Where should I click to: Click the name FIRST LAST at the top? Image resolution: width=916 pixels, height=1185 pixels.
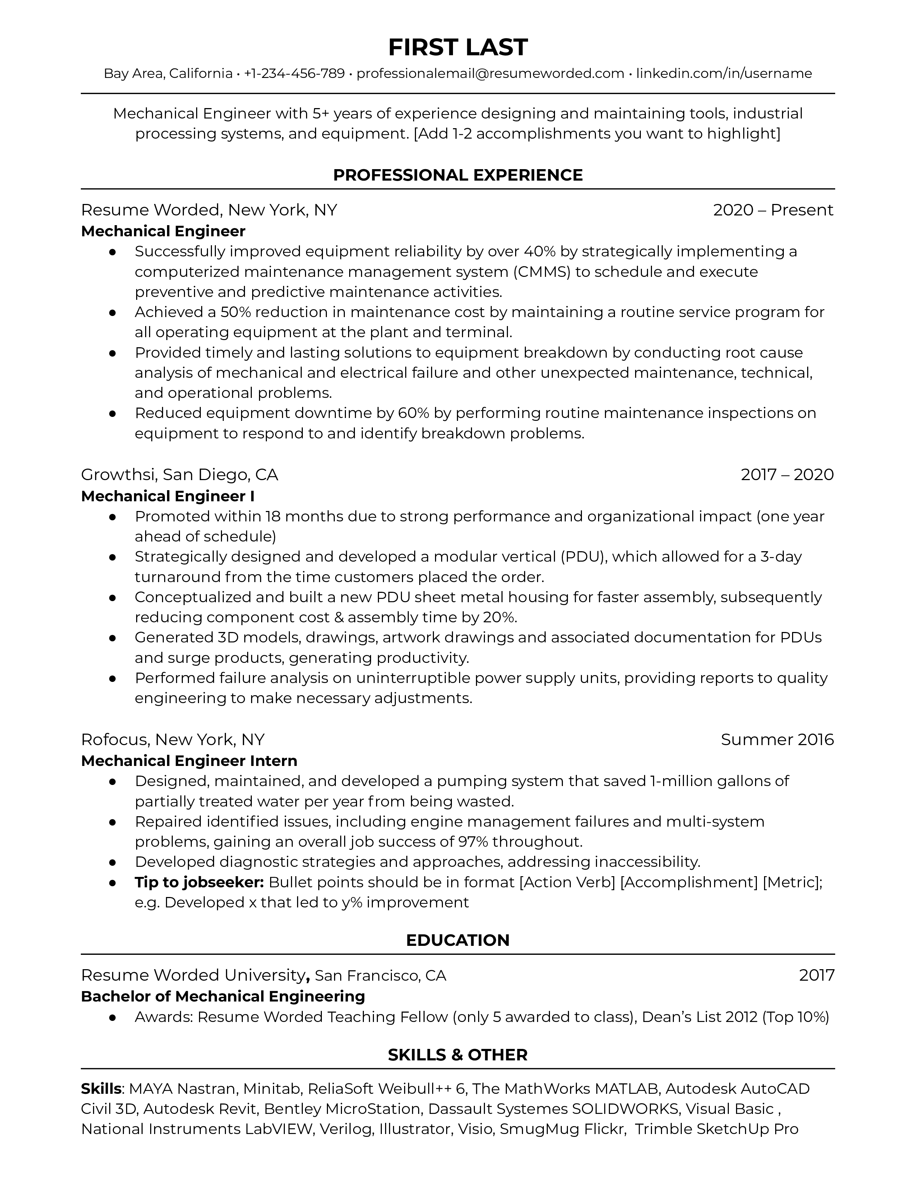click(x=457, y=48)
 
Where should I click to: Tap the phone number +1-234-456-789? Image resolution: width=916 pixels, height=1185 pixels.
click(x=294, y=73)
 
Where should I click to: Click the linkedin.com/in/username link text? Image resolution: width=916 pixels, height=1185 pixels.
click(x=724, y=73)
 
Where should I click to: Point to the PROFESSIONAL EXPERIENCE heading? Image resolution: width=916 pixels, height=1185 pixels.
click(x=457, y=175)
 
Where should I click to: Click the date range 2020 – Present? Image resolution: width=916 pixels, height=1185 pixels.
click(x=773, y=210)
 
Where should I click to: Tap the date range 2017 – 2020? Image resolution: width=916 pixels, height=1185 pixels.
click(x=787, y=475)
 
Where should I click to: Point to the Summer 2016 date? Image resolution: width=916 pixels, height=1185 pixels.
click(x=777, y=739)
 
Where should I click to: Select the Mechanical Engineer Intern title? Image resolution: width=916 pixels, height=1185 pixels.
click(x=189, y=761)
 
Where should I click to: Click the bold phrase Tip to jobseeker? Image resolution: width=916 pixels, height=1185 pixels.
click(x=199, y=883)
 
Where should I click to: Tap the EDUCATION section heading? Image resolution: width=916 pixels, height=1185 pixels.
click(x=457, y=940)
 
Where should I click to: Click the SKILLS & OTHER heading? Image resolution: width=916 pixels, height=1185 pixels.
click(x=457, y=1055)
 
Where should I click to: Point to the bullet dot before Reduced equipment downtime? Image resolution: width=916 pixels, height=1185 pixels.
click(x=113, y=413)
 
